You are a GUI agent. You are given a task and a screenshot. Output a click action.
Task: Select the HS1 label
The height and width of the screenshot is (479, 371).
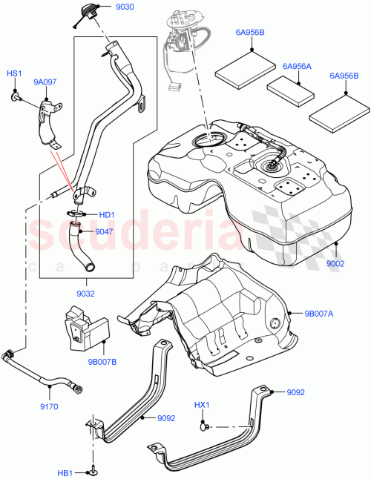point(15,74)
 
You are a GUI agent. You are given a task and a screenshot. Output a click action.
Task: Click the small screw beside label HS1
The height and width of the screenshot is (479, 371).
point(16,96)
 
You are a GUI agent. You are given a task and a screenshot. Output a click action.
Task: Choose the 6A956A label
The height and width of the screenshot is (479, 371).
point(296,66)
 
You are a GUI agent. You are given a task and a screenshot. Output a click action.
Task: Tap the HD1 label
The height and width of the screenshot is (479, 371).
point(107,215)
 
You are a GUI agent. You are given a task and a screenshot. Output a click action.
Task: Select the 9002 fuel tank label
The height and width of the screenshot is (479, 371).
point(336,263)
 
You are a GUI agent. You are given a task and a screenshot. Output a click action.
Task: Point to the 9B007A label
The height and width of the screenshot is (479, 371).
point(318,312)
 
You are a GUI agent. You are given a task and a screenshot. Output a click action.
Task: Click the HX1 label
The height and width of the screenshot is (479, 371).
point(202,405)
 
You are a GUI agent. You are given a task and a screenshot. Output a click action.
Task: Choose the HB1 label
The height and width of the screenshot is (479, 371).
point(65,472)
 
